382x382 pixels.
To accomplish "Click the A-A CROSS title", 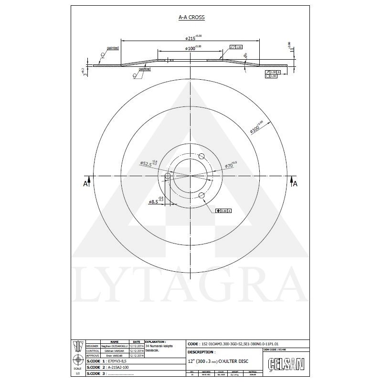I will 191,17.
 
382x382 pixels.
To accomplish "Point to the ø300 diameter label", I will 256,125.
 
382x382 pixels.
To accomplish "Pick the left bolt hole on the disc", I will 168,177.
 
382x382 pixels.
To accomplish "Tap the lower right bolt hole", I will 202,195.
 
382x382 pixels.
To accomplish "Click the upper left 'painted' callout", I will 113,48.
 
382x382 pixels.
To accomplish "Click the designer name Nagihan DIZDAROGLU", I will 114,346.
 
